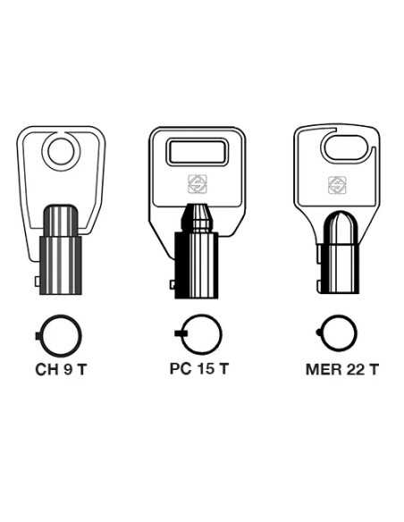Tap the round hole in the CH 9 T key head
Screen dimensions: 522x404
tap(62, 150)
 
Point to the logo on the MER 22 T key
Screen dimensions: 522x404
tap(337, 185)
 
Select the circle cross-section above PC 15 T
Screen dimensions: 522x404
tap(201, 334)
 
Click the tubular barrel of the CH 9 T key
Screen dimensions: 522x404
tap(62, 255)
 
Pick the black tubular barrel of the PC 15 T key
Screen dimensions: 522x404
tap(197, 264)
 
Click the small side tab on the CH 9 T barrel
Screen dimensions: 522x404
tap(38, 282)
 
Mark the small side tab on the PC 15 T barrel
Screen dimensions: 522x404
tap(172, 283)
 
